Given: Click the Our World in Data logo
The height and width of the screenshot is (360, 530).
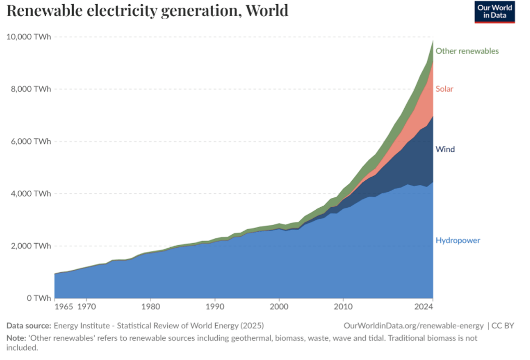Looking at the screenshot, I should (494, 12).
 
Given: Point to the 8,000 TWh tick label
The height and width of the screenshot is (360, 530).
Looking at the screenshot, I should (31, 89).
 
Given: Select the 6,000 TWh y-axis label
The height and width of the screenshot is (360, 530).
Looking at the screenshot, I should (31, 141).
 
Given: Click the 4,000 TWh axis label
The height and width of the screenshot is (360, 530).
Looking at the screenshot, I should (31, 194).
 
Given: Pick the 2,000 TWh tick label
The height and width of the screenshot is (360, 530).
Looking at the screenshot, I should (31, 246).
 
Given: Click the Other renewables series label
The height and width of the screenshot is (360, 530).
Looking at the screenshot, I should (467, 51).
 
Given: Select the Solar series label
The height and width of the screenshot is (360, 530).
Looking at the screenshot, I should (444, 89).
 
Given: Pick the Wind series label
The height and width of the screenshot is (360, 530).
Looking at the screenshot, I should (445, 150).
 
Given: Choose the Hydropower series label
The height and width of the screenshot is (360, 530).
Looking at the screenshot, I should (457, 241).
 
